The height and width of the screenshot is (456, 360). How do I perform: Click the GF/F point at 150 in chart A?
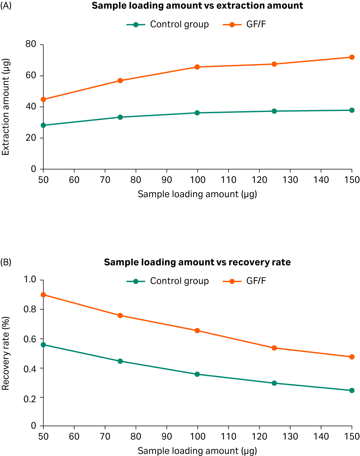[352, 57]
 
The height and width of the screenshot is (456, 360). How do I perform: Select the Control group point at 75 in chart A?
[120, 117]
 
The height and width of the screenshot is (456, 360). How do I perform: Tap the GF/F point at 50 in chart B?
[44, 295]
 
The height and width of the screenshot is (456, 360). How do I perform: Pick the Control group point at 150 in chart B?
[352, 390]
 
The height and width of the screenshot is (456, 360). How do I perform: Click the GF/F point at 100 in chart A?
[197, 67]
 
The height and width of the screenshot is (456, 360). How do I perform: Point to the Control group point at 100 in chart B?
[197, 374]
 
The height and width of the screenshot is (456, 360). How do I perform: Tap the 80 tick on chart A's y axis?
[31, 44]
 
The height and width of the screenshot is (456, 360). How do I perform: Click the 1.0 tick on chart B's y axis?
[30, 279]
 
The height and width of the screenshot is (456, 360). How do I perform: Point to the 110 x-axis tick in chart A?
[228, 180]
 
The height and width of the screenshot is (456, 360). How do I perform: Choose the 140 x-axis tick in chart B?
[321, 436]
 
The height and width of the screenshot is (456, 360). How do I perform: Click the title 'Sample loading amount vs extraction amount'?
[197, 6]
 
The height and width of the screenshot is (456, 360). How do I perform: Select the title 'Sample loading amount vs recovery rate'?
[197, 262]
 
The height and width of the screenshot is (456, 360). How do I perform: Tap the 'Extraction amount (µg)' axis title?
[6, 107]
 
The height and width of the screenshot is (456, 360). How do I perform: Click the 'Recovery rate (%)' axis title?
[6, 353]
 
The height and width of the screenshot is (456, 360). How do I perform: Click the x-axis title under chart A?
[197, 194]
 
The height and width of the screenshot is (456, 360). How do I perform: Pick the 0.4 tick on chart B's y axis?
[30, 369]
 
